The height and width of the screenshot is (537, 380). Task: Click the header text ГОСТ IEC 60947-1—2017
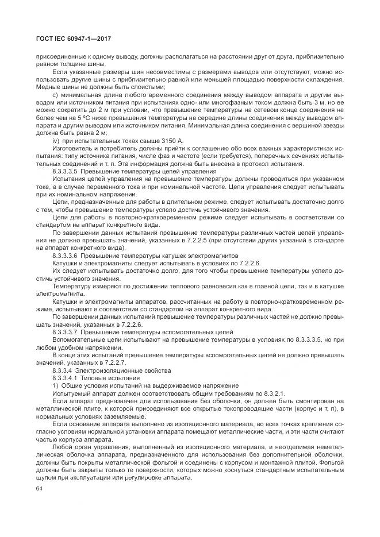73,38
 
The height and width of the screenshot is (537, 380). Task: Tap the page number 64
40,488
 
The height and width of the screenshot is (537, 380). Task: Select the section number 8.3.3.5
65,172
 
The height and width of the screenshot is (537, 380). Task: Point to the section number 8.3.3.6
65,254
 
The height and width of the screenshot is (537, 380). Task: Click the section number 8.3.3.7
65,331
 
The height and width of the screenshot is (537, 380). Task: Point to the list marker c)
55,94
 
